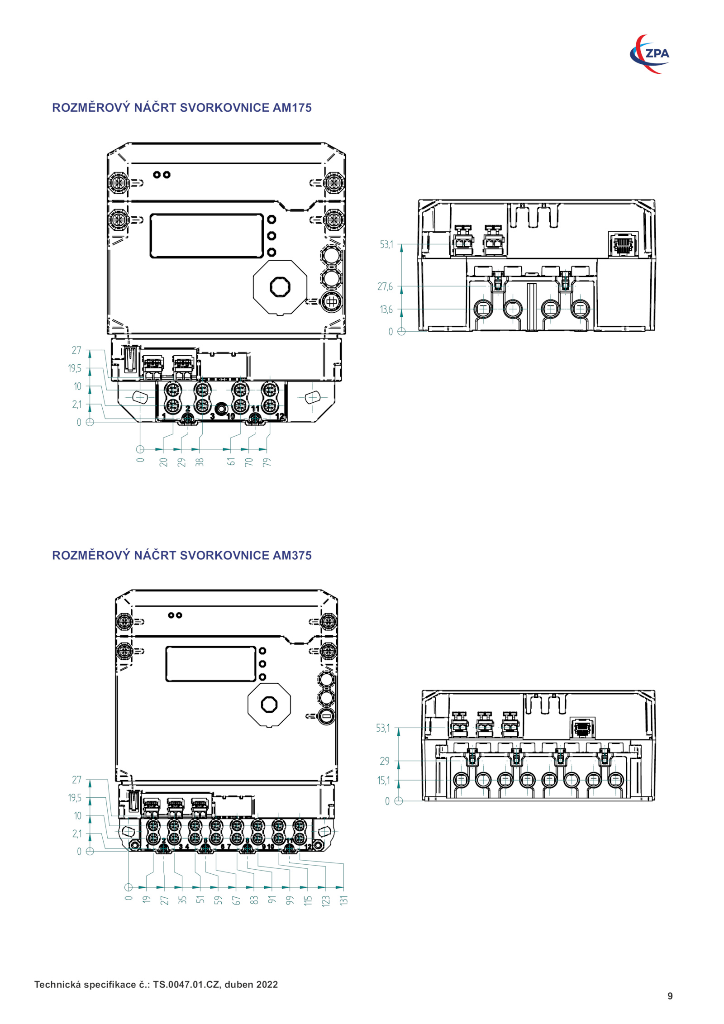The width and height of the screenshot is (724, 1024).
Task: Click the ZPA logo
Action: point(650,54)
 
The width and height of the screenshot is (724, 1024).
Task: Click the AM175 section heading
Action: point(181,108)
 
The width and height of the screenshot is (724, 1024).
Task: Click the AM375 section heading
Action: point(181,555)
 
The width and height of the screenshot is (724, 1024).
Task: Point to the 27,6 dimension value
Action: point(385,286)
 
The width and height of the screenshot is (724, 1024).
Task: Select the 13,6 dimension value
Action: point(386,310)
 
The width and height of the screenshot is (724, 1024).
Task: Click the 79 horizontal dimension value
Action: point(267,462)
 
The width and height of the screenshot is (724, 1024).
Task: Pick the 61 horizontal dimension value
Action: point(231,462)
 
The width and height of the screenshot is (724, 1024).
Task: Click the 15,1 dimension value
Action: point(383,781)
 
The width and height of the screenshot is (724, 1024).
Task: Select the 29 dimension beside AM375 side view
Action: point(385,761)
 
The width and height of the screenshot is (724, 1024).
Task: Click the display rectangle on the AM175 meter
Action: point(207,236)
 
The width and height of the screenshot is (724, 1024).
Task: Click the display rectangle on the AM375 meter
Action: point(211,664)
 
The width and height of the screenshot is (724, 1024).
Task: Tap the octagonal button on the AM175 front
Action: point(280,287)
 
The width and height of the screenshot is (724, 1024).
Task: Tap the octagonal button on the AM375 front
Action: point(269,705)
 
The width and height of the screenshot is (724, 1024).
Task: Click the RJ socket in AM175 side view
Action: point(623,244)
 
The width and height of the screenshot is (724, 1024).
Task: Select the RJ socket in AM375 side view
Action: point(582,728)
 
